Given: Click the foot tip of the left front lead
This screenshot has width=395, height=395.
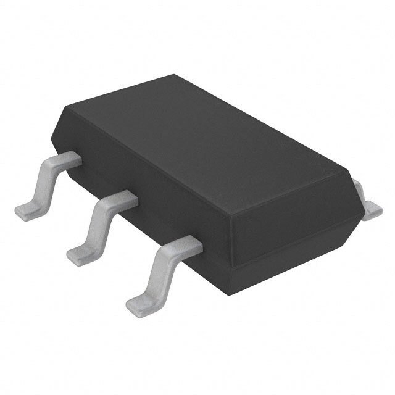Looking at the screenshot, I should coord(26,207).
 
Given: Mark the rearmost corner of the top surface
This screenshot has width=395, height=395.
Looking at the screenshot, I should coord(175,75).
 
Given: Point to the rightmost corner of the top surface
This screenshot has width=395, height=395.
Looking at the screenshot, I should coord(353,175).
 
